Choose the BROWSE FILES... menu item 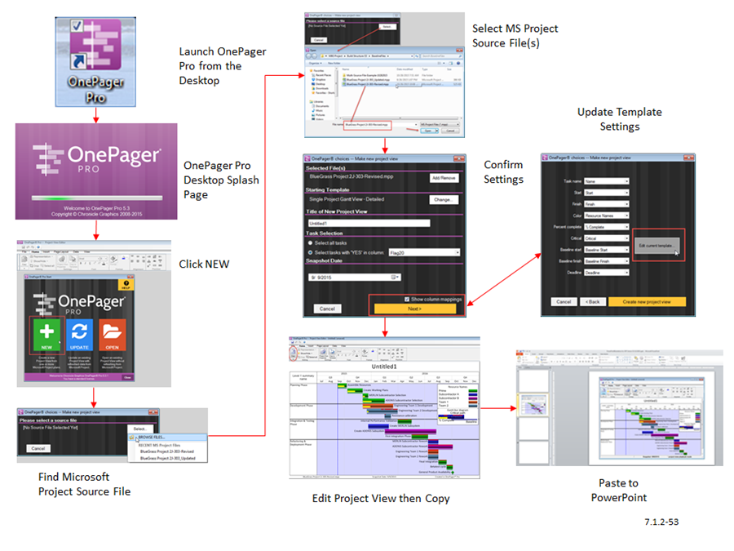tap(153, 438)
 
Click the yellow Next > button tap(415, 309)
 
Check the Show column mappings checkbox tap(407, 299)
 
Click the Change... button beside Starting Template tap(444, 199)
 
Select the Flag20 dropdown tap(425, 253)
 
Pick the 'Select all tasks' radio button tap(311, 243)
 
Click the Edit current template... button tap(657, 246)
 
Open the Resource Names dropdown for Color tap(606, 216)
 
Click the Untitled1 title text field tap(368, 223)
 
